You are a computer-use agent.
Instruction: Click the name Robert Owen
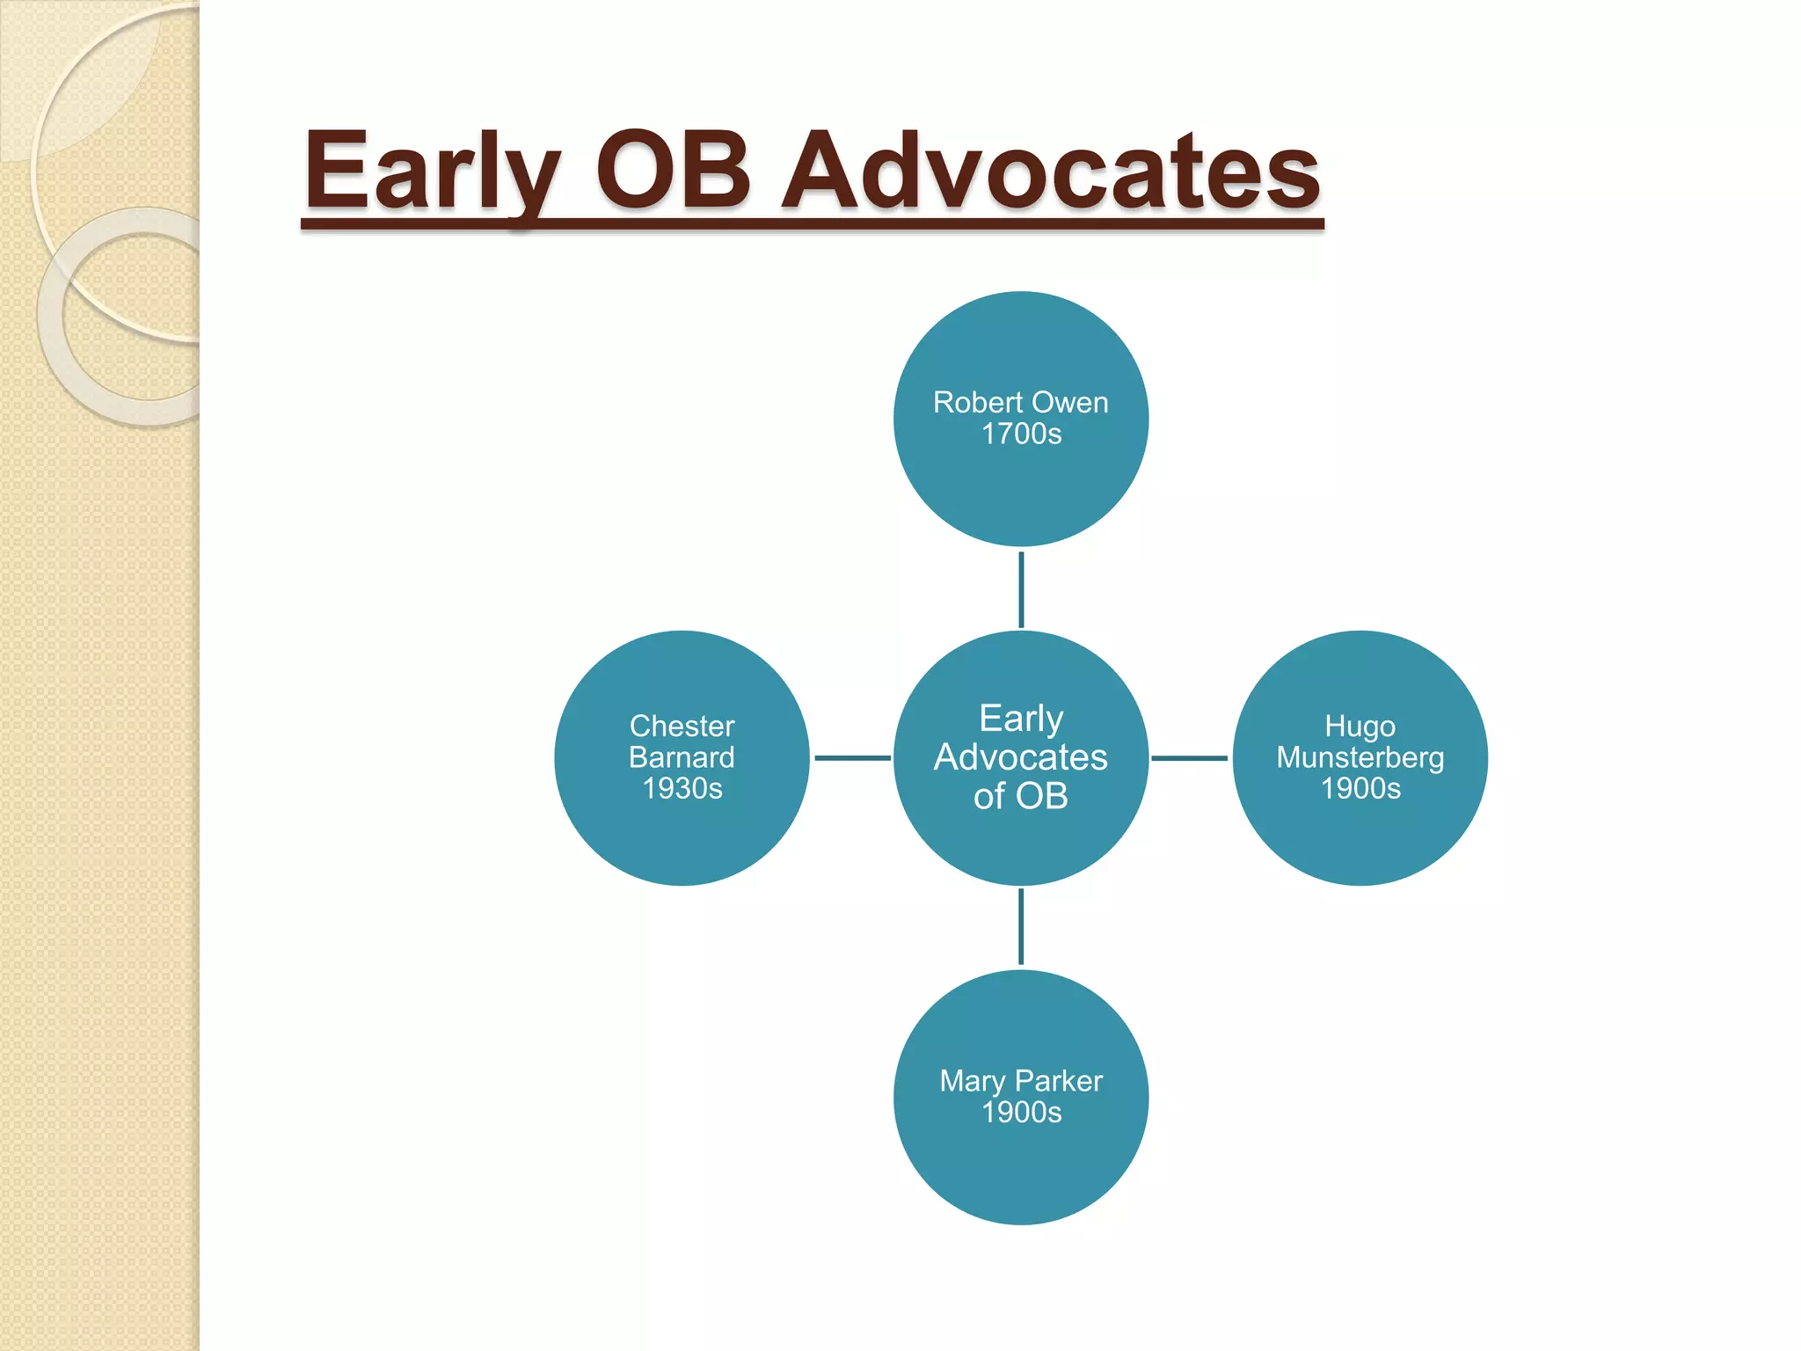click(x=1020, y=402)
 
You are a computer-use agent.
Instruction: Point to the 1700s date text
click(x=1021, y=434)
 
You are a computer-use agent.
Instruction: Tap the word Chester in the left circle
click(x=682, y=726)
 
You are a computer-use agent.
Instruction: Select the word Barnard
click(x=682, y=757)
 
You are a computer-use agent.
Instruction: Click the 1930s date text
click(x=682, y=788)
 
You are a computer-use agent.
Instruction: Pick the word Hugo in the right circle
click(x=1360, y=727)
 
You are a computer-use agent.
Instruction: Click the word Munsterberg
click(x=1360, y=757)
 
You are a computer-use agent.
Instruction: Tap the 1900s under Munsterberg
click(x=1360, y=788)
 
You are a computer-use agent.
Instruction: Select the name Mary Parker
click(x=1020, y=1080)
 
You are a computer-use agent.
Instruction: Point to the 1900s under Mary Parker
click(x=1021, y=1112)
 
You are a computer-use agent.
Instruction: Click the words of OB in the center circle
click(x=1020, y=796)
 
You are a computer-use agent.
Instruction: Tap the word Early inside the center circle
click(x=1021, y=719)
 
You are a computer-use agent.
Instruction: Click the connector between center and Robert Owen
click(x=1021, y=589)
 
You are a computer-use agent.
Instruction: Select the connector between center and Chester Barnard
click(x=852, y=757)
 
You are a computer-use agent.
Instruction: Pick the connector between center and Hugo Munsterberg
click(x=1189, y=757)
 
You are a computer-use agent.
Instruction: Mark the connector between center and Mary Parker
click(x=1021, y=927)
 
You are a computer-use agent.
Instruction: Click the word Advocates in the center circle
click(x=1020, y=757)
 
